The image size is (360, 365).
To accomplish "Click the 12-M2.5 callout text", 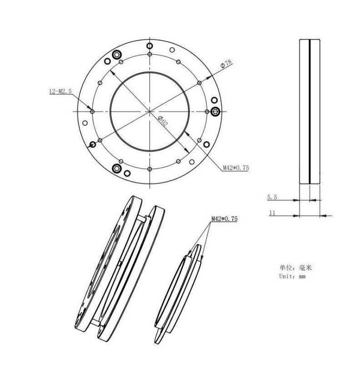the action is [60, 91].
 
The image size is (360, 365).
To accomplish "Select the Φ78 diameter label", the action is [226, 64].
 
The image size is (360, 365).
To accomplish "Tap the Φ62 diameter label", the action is [163, 121].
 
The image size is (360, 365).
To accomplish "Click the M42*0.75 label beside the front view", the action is [236, 167].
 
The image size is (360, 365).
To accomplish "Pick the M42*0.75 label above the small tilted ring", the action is [225, 219].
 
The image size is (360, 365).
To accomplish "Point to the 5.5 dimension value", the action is [272, 198].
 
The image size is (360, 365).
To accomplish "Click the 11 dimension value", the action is [272, 213].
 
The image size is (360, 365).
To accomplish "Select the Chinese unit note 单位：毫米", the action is [295, 268].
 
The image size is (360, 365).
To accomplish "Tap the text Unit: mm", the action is [293, 276].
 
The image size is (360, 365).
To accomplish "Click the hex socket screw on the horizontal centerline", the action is [215, 112].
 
